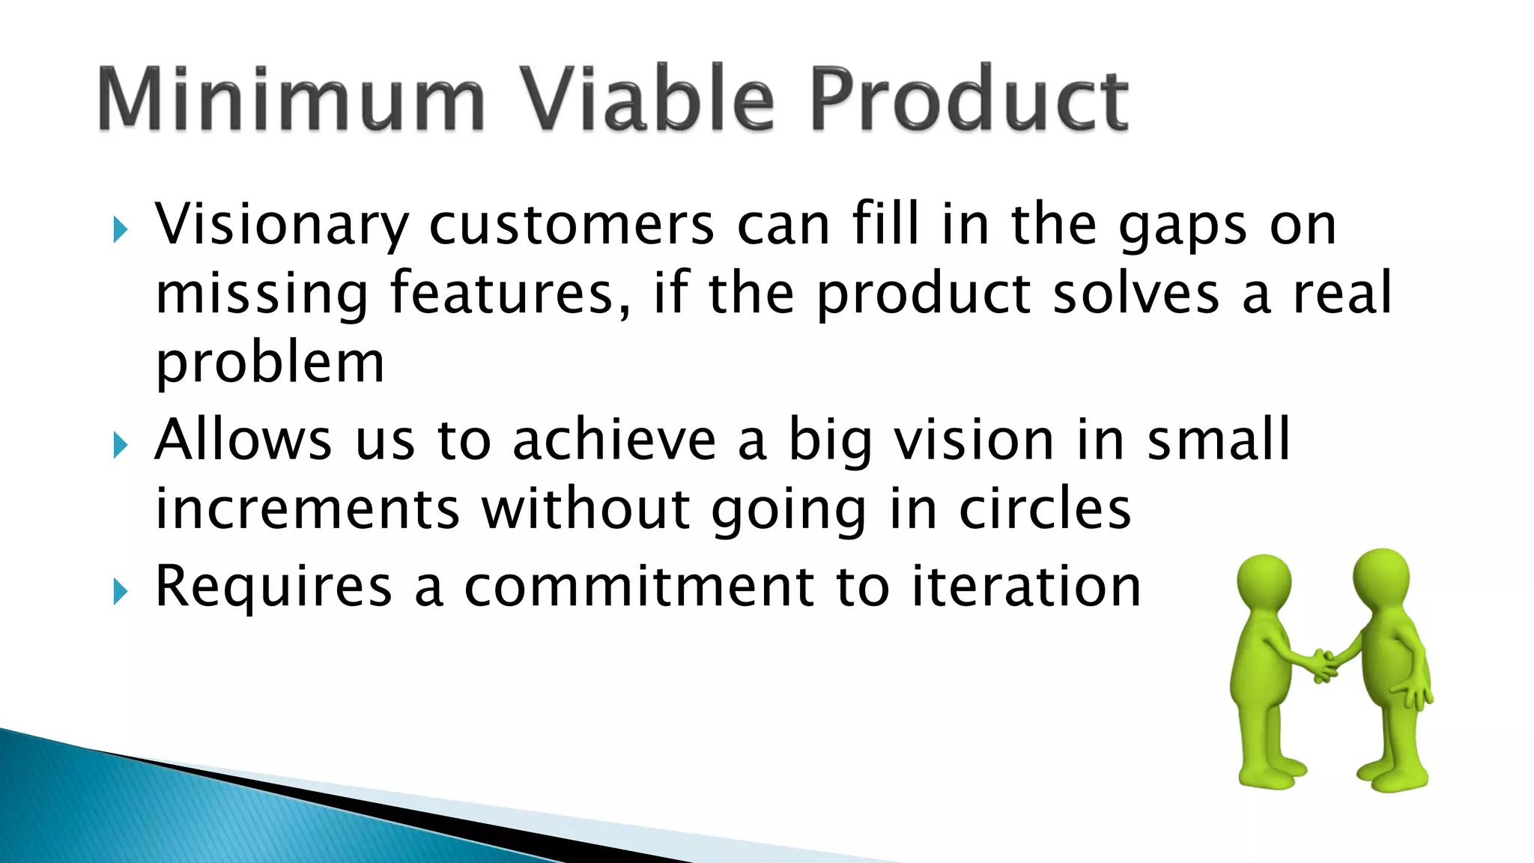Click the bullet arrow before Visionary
coord(120,230)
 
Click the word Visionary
coord(282,225)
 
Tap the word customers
coord(572,225)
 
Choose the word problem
coord(270,364)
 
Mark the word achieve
coord(614,440)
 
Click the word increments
coord(306,509)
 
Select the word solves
coord(1136,294)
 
